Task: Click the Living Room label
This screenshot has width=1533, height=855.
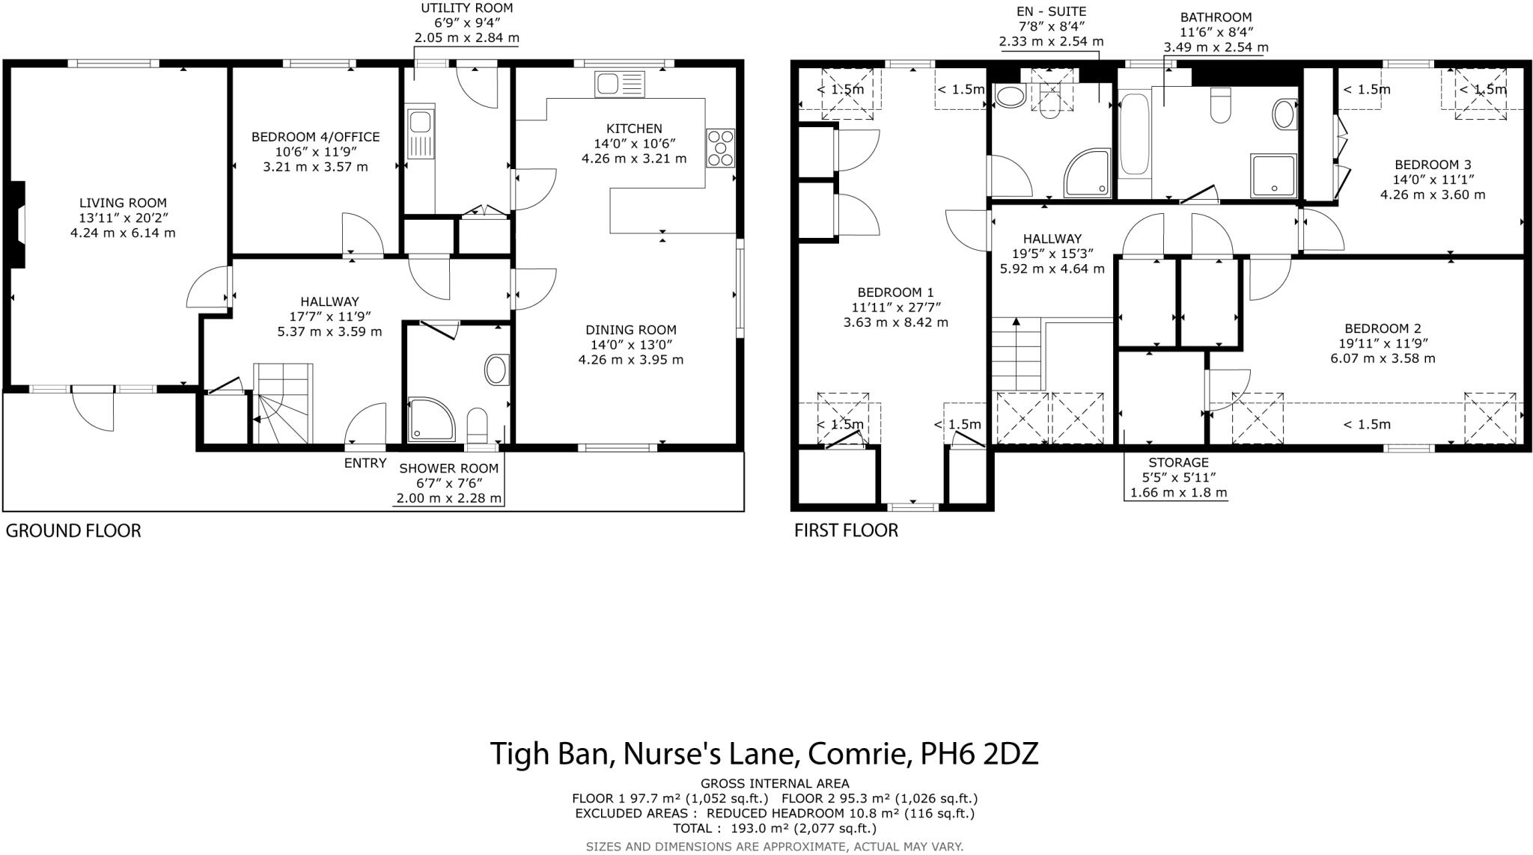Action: point(123,203)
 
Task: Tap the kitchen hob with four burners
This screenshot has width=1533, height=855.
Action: point(721,147)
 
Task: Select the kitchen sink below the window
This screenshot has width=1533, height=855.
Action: point(619,84)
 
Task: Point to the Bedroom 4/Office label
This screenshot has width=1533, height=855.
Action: point(315,137)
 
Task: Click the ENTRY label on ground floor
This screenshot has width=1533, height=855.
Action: point(365,463)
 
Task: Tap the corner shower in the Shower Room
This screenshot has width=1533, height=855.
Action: point(430,419)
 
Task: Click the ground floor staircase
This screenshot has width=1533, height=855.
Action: point(282,404)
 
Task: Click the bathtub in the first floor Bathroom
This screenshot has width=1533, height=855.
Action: point(1135,135)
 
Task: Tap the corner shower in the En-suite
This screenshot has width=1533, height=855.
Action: point(1087,174)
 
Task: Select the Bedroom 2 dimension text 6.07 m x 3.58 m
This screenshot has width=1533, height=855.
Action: point(1382,358)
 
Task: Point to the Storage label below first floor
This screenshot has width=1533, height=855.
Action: point(1178,462)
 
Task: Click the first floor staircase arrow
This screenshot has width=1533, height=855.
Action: point(1016,323)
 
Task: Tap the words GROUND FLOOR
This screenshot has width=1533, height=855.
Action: point(73,531)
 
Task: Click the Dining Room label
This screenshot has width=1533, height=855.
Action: point(630,330)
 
